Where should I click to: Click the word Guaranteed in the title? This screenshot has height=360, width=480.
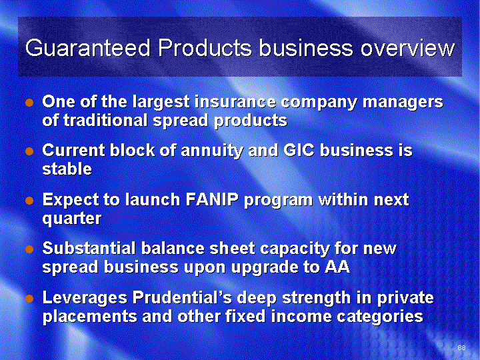pyautogui.click(x=88, y=48)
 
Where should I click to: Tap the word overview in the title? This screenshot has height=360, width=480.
pyautogui.click(x=407, y=48)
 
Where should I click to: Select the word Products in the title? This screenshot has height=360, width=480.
pyautogui.click(x=205, y=48)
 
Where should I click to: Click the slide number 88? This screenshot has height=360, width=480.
pyautogui.click(x=461, y=347)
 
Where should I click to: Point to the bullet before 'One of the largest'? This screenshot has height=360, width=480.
pyautogui.click(x=29, y=103)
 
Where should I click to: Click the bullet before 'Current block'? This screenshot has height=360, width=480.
pyautogui.click(x=29, y=151)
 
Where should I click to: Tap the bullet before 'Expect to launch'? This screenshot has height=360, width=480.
pyautogui.click(x=29, y=201)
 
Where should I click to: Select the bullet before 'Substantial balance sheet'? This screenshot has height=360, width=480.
pyautogui.click(x=29, y=249)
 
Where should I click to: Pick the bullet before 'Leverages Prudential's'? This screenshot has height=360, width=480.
pyautogui.click(x=29, y=299)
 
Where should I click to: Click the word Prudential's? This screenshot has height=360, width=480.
pyautogui.click(x=182, y=297)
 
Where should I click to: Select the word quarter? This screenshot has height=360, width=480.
pyautogui.click(x=72, y=219)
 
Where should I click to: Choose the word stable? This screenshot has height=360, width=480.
pyautogui.click(x=67, y=169)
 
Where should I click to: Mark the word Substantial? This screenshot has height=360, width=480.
pyautogui.click(x=89, y=248)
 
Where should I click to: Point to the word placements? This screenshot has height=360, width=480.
pyautogui.click(x=90, y=317)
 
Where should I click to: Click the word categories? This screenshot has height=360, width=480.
pyautogui.click(x=380, y=317)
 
